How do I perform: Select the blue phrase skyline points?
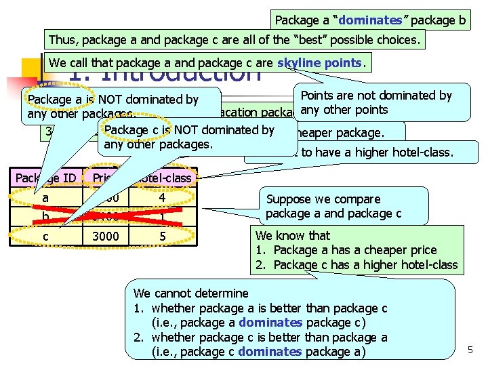pos(319,63)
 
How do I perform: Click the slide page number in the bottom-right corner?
pos(470,350)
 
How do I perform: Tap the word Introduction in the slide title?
pos(183,73)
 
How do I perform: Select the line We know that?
pos(292,236)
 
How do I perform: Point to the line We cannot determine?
pos(191,293)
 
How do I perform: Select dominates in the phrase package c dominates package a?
pos(270,351)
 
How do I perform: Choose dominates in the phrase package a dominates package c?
pos(270,322)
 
